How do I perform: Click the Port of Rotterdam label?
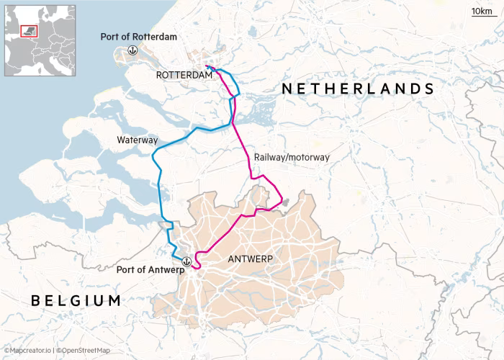139,37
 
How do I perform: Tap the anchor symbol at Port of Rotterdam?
132,50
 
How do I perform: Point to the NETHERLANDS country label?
358,89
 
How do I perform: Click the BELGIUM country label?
76,300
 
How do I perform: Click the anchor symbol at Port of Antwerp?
186,261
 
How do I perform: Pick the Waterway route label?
137,140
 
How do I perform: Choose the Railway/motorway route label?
292,157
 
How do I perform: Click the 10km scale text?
481,11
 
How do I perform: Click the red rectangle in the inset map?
30,30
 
